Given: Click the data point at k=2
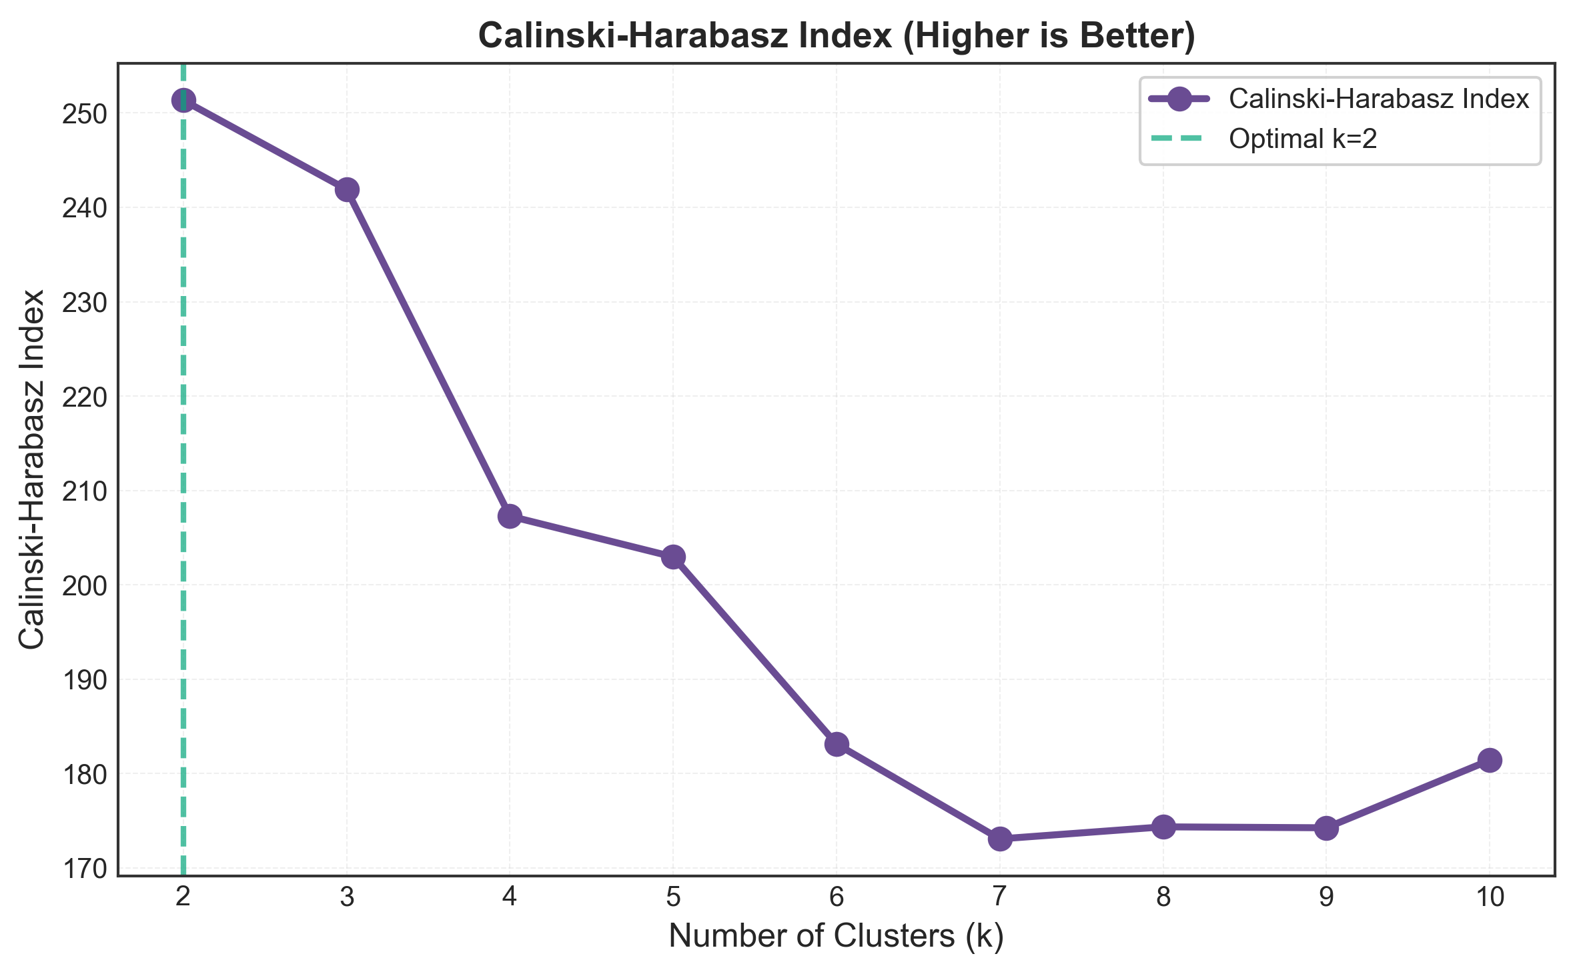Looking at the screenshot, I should (183, 100).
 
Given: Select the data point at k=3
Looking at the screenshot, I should (347, 189).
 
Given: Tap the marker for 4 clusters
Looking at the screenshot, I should (510, 515).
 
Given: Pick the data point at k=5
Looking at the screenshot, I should (673, 557).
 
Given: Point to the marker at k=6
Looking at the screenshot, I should (837, 744).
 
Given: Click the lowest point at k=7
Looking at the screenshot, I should (1000, 839).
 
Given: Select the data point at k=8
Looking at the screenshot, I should (1163, 827).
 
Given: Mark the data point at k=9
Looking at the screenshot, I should (1326, 828).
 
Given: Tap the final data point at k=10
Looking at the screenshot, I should (1490, 760).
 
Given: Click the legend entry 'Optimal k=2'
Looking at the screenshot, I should (1303, 139).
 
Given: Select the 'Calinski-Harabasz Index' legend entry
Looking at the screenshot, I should (1378, 99).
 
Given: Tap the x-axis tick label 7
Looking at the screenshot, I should (1000, 898).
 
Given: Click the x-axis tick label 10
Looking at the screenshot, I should (1490, 898).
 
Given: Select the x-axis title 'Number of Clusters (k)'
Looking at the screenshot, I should (836, 936).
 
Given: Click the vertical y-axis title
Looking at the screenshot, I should (31, 469).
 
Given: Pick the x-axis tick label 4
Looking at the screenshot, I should (510, 898).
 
